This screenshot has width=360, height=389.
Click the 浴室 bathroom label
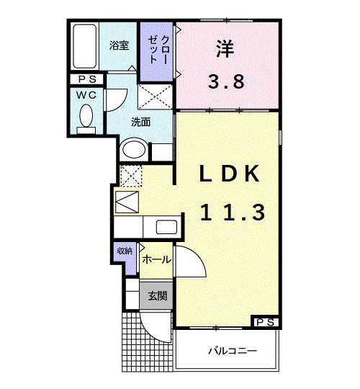(x=119, y=45)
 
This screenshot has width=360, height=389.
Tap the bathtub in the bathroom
(x=86, y=46)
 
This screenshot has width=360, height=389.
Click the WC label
(x=87, y=94)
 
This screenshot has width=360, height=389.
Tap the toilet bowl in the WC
(x=86, y=116)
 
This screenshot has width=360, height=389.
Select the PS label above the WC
(x=87, y=79)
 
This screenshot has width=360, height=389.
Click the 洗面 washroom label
(x=140, y=122)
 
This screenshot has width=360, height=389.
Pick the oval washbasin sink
(x=134, y=150)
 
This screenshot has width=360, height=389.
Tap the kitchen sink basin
(x=166, y=228)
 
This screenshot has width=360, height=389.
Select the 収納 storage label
(x=125, y=251)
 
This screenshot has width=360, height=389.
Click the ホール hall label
(x=156, y=259)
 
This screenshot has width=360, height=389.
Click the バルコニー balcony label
(x=233, y=351)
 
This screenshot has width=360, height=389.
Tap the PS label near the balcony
(x=264, y=322)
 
